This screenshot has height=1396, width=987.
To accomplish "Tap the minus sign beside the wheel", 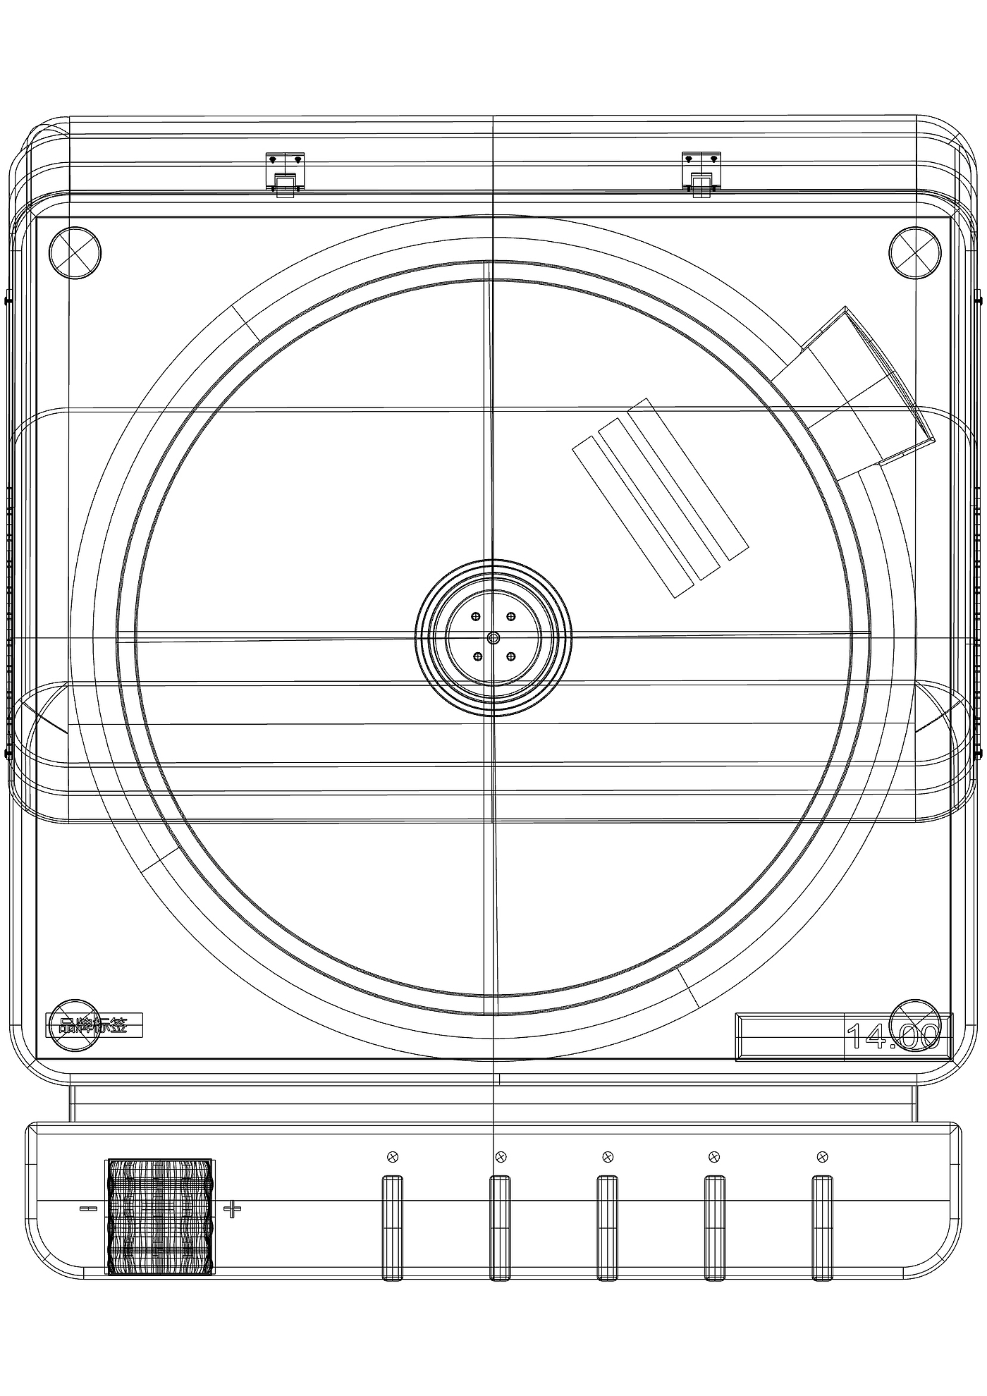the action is (88, 1209).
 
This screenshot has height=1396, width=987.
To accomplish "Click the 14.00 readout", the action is (893, 1036).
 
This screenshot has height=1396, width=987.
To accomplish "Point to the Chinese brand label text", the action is (94, 1026).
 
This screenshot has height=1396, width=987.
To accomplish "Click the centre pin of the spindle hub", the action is (493, 637).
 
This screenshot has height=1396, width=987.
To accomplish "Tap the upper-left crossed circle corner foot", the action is (75, 252).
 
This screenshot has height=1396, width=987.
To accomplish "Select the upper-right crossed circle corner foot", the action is (914, 252).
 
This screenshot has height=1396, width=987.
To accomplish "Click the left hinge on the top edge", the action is (285, 173).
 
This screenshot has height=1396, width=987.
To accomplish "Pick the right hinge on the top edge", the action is (701, 173).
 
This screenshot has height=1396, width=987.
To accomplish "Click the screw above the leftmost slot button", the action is (393, 1156).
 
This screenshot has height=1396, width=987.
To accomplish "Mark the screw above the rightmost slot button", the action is (821, 1156).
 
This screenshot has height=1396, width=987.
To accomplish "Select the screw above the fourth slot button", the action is (713, 1156).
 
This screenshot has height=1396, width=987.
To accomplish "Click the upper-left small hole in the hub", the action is (477, 617).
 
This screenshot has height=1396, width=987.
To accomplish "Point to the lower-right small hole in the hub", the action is (510, 657).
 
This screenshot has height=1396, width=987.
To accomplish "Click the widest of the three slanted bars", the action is (687, 479).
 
